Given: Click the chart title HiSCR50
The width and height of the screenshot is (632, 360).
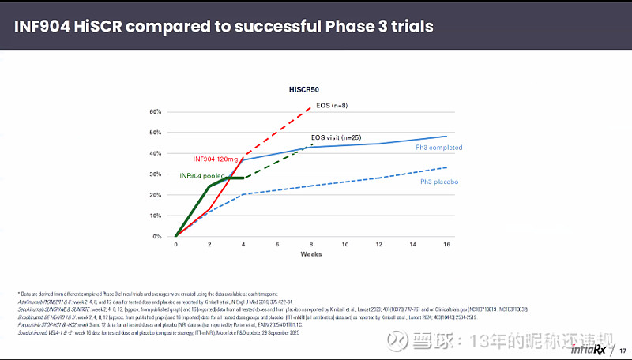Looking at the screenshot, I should pyautogui.click(x=304, y=92).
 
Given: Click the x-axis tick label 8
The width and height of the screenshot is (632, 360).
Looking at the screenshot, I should pyautogui.click(x=311, y=245).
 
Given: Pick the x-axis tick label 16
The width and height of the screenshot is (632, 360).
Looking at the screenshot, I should pyautogui.click(x=446, y=245).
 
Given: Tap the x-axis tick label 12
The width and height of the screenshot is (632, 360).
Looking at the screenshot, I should pyautogui.click(x=379, y=245).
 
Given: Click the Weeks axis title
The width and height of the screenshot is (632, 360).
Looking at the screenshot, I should pyautogui.click(x=310, y=254).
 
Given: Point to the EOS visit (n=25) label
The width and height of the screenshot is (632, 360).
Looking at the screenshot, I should pyautogui.click(x=337, y=137).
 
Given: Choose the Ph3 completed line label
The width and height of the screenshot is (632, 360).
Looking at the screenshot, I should pyautogui.click(x=438, y=148).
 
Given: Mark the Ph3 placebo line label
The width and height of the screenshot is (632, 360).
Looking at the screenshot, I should pyautogui.click(x=438, y=182).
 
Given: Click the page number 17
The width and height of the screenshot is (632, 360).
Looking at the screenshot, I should pyautogui.click(x=622, y=349).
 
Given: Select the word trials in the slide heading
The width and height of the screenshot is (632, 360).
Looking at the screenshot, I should pyautogui.click(x=408, y=26).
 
